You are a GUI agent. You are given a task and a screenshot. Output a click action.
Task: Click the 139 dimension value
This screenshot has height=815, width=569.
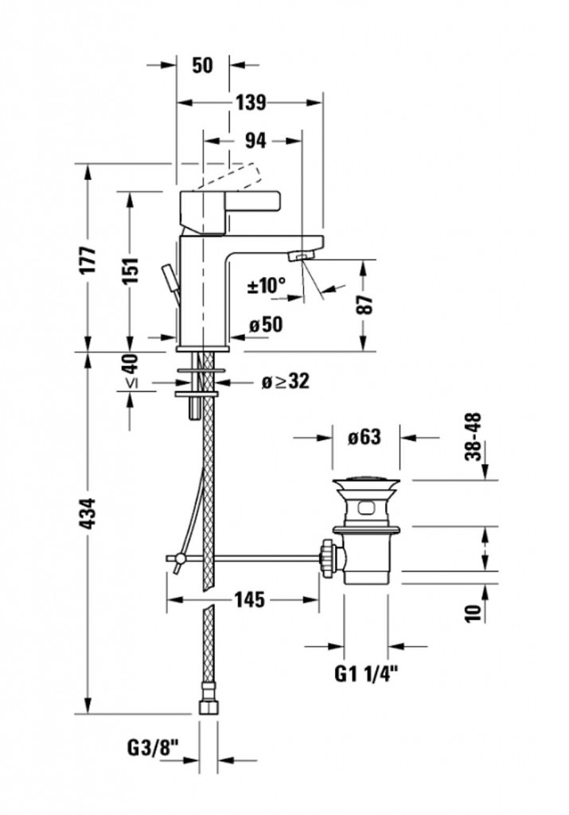pos(251,103)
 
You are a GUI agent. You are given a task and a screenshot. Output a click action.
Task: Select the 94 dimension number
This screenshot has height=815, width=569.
pos(255,140)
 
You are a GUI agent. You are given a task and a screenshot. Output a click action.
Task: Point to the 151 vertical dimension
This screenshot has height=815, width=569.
pos(131,271)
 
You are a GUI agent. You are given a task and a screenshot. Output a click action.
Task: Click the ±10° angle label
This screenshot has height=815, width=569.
pos(267,285)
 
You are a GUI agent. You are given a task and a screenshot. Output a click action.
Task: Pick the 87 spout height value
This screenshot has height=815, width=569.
pos(365,304)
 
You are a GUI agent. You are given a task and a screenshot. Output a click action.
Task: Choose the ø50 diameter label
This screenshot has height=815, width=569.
pos(266,325)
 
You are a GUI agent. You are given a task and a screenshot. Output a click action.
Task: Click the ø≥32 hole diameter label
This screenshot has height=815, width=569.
pos(285,381)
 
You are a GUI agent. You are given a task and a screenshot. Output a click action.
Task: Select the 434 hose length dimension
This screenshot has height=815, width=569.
pos(89,513)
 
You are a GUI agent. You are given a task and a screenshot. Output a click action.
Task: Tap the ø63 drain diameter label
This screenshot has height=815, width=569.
pos(364,437)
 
